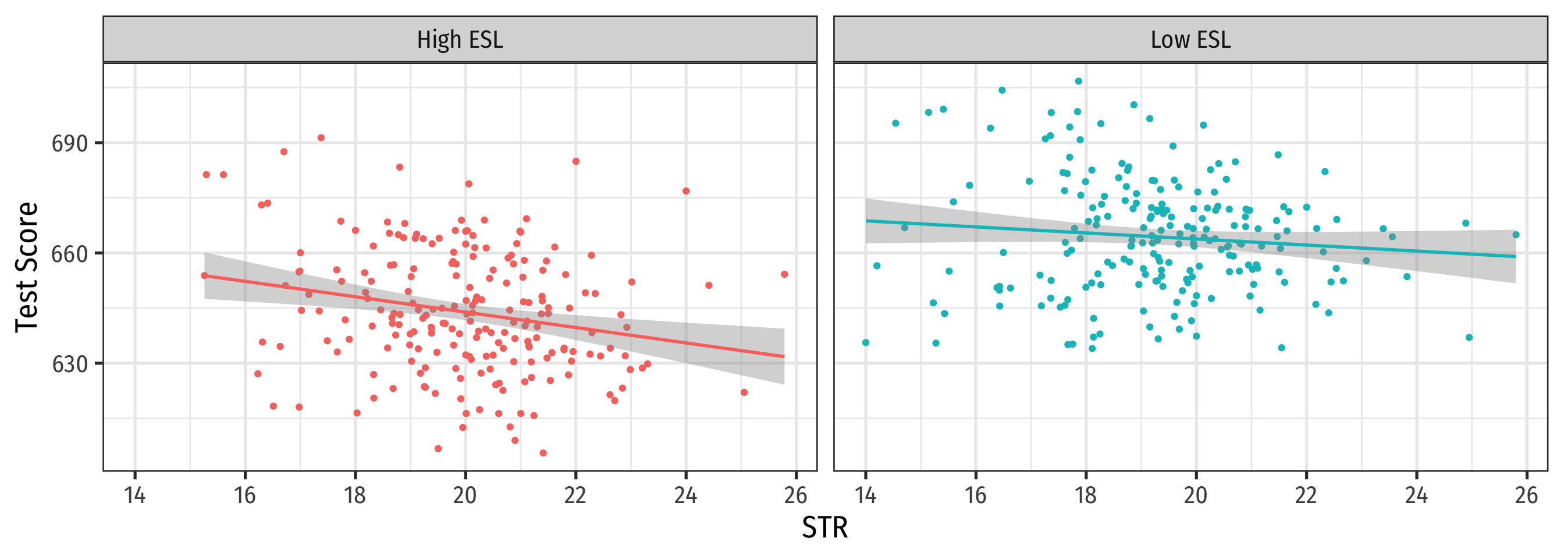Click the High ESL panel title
pos(460,40)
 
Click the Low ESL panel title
pos(1190,40)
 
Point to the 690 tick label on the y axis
pos(69,144)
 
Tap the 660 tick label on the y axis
pos(69,254)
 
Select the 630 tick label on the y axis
pos(69,364)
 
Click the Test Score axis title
pos(27,267)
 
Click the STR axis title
pos(824,528)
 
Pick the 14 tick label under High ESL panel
pos(135,496)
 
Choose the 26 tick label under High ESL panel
pos(795,496)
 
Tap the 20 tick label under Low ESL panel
pos(1196,496)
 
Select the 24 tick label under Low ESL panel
pos(1416,496)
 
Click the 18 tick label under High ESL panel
pos(355,496)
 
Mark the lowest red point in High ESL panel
pos(543,453)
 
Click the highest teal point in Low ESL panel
pos(1078,82)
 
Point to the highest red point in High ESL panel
pos(321,138)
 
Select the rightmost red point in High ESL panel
pos(784,275)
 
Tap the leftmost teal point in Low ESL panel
pos(866,343)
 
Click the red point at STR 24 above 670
pos(686,192)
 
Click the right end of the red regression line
pos(784,357)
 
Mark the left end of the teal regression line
pos(866,221)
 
